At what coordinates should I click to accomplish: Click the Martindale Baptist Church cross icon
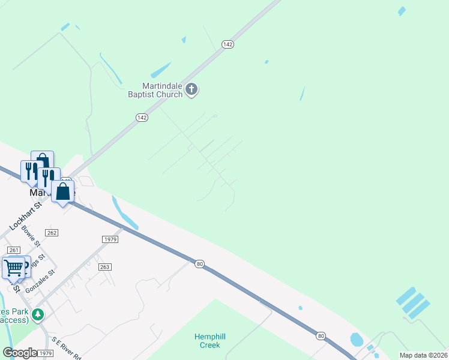(x=191, y=90)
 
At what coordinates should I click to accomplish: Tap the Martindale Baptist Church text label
(x=154, y=89)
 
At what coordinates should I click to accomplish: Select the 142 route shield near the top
(x=227, y=44)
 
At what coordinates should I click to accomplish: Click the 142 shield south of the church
(x=142, y=118)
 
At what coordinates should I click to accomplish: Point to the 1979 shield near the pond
(x=110, y=239)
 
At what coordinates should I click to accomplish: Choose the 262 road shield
(x=52, y=233)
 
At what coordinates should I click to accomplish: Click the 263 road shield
(x=106, y=266)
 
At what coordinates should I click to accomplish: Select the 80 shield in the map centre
(x=200, y=263)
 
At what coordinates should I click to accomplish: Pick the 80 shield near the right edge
(x=321, y=335)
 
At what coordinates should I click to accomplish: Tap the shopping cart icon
(x=13, y=268)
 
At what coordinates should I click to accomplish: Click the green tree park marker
(x=38, y=314)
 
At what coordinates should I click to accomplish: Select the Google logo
(x=19, y=353)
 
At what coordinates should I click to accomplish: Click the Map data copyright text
(x=423, y=355)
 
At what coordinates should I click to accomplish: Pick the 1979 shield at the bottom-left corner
(x=44, y=354)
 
